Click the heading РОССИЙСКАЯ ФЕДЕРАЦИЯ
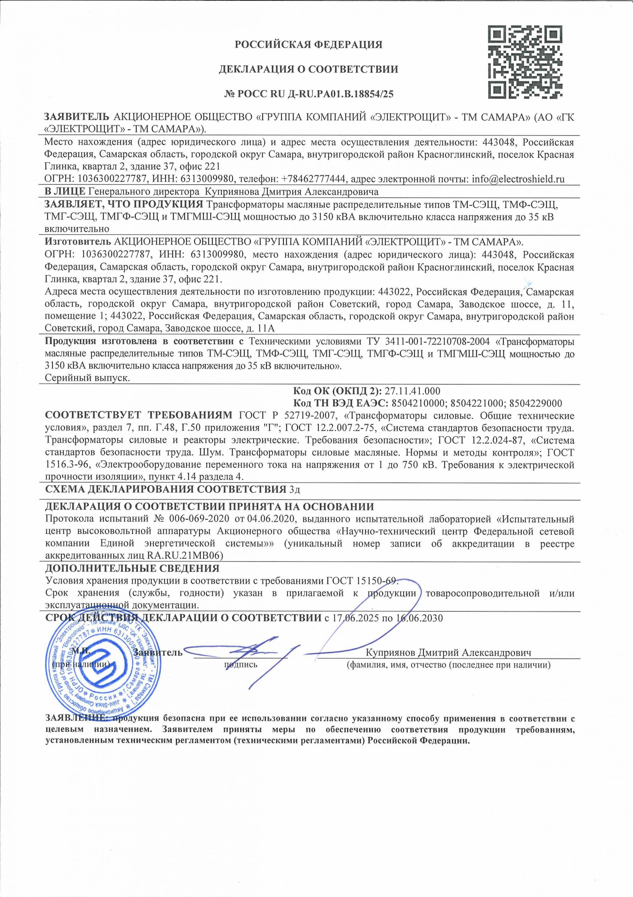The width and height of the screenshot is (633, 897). (308, 45)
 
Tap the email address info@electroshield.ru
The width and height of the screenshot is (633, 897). (518, 179)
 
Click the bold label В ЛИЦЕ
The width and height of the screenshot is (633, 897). (65, 192)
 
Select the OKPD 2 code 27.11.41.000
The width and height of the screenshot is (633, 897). (413, 391)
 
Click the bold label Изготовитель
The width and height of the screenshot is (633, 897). (77, 241)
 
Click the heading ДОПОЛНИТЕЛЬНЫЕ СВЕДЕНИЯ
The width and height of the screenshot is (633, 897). (132, 568)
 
